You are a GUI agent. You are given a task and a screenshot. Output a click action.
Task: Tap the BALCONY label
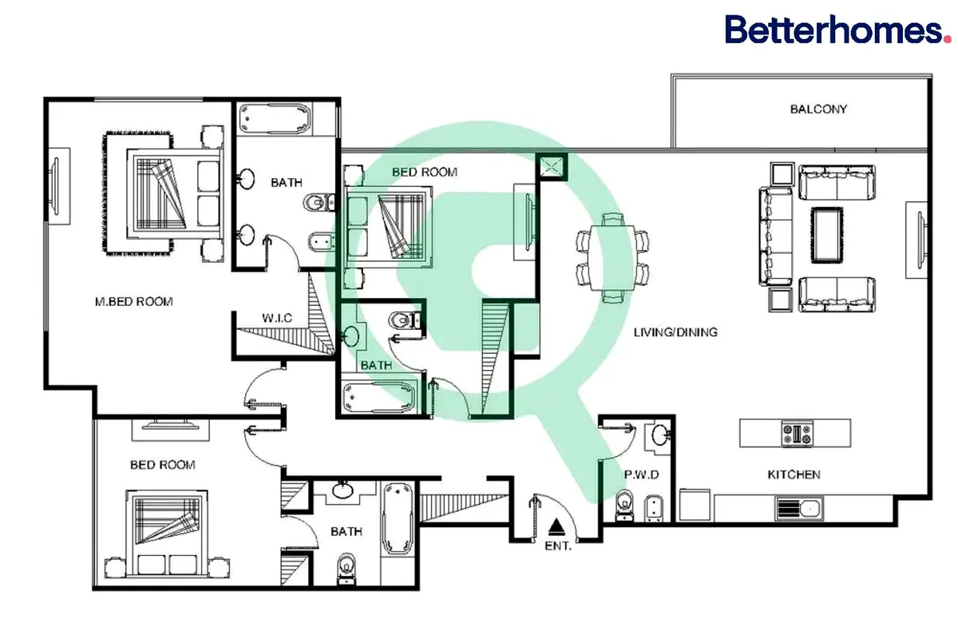(818, 109)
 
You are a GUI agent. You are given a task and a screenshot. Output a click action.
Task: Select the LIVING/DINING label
(675, 332)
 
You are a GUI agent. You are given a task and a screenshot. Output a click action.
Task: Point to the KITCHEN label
(794, 474)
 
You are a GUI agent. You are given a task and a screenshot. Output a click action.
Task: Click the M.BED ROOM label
(134, 302)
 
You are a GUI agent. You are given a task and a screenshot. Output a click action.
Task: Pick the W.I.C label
(277, 318)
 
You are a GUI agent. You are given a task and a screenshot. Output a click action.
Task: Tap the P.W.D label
(641, 474)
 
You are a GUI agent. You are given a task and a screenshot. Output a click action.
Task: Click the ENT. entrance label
(558, 546)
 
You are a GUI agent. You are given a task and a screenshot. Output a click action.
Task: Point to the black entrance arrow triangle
(556, 527)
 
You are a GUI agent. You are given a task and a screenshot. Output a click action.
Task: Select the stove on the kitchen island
(798, 434)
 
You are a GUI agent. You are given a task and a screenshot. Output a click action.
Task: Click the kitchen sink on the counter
(799, 509)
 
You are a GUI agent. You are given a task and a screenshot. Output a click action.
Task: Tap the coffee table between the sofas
(827, 235)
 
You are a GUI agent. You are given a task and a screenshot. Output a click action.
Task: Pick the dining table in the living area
(612, 257)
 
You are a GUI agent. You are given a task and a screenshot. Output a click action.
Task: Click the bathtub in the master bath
(275, 119)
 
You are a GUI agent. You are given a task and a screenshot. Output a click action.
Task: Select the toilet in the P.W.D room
(624, 506)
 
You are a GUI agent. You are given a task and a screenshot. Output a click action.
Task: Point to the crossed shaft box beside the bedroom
(552, 167)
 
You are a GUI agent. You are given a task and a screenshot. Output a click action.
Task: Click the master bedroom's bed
(175, 194)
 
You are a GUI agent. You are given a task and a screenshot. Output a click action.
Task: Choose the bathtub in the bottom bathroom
(398, 518)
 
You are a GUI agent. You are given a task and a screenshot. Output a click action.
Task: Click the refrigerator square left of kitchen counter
(695, 505)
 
